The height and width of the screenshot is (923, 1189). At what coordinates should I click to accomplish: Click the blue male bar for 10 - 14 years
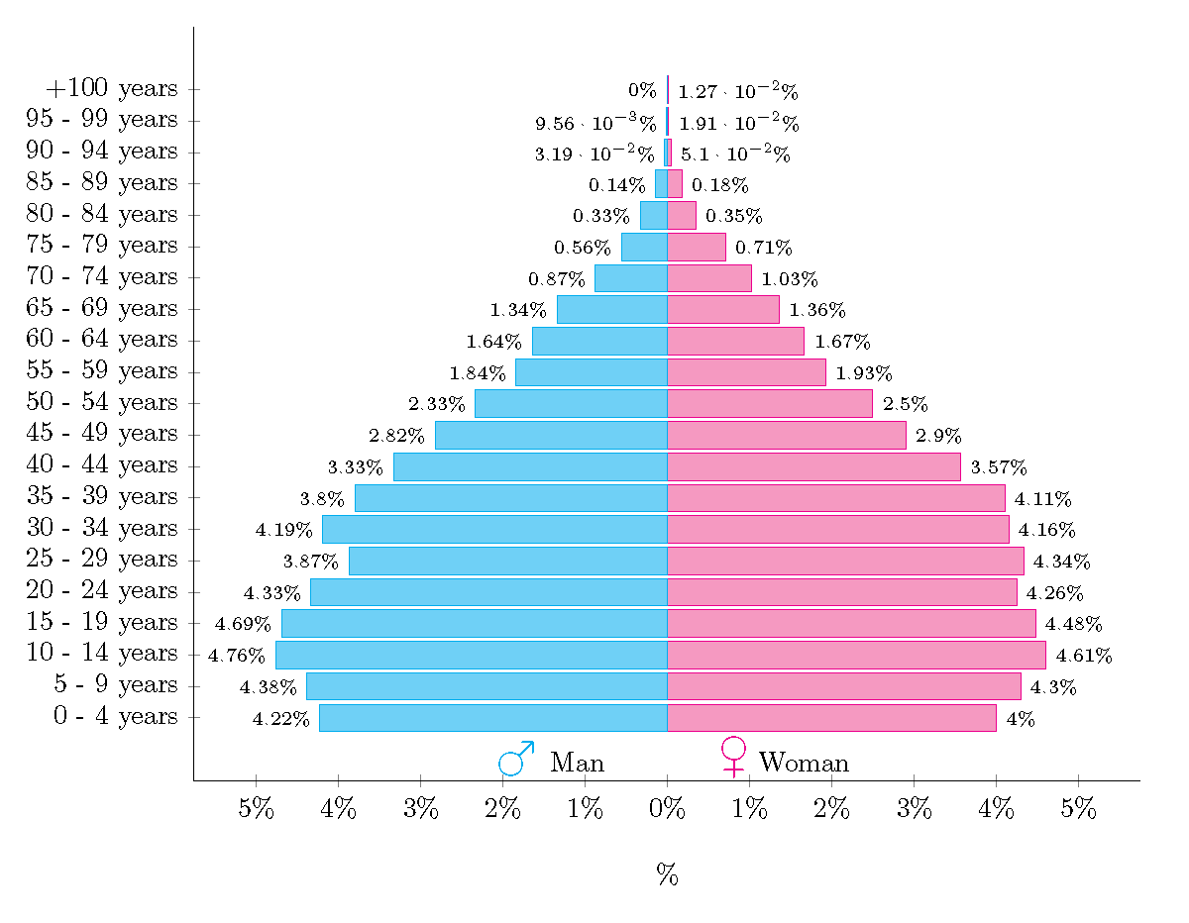471,655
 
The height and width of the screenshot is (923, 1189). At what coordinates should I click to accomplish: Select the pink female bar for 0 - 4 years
831,718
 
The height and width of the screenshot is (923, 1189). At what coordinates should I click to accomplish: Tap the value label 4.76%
236,656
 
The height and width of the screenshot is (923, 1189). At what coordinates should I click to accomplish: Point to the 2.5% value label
905,404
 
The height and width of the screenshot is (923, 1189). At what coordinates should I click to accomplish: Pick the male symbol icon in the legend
516,758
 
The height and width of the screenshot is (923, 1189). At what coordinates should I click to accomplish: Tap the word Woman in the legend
804,763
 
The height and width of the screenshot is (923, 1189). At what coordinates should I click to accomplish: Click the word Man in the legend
577,763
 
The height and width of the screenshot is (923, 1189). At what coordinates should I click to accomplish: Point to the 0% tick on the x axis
667,808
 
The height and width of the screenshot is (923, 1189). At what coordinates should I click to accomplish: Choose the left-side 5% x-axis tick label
256,808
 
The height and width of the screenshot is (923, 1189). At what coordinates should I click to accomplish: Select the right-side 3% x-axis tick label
914,808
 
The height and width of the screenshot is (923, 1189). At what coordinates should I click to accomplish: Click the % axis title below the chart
667,874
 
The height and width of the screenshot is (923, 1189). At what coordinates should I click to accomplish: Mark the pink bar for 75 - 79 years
696,247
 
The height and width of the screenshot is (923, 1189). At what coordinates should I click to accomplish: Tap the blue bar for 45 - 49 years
551,435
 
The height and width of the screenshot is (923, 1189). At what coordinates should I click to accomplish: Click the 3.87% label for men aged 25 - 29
310,562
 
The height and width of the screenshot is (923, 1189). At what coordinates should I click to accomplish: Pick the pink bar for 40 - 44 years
813,466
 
